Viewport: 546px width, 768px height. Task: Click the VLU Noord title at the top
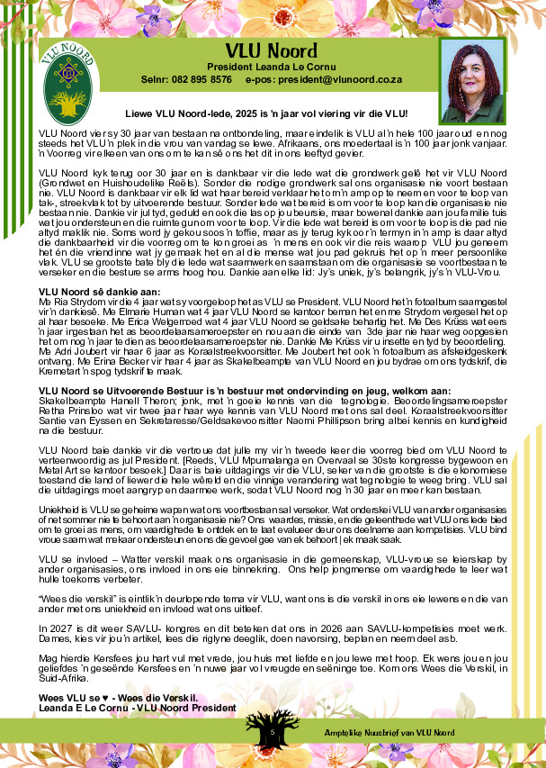point(271,50)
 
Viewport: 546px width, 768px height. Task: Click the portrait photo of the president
point(471,80)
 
